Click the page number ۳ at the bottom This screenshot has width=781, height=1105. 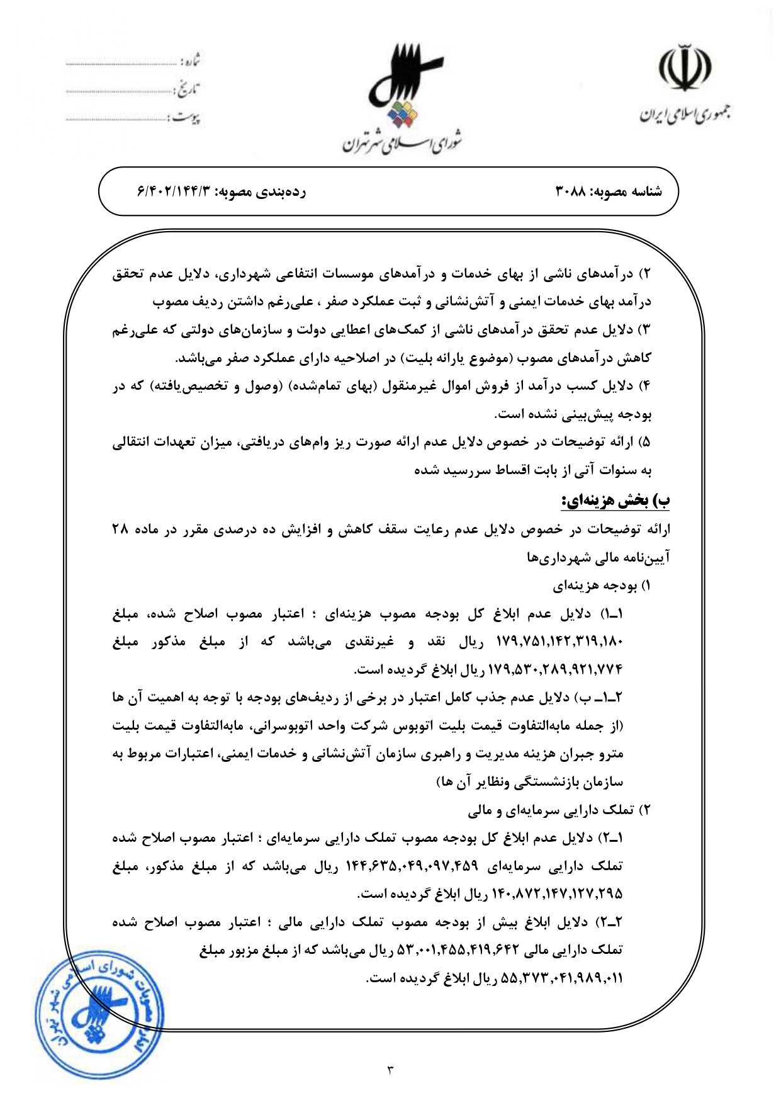point(390,1069)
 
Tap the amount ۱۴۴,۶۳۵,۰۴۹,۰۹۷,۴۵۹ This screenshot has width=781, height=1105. point(412,866)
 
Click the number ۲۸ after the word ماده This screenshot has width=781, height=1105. point(120,530)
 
